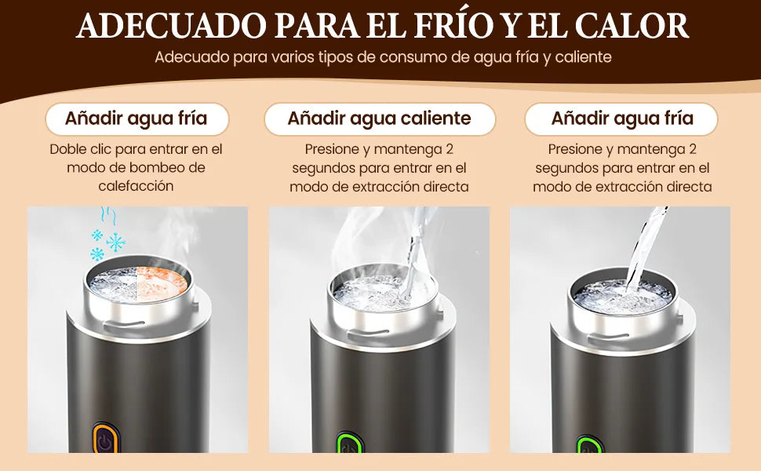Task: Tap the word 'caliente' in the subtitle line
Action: pos(581,57)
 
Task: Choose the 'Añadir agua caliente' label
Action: pos(380,119)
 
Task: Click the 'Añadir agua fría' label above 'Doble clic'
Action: pos(136,119)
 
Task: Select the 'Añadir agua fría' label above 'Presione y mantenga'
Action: pos(622,119)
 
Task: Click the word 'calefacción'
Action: pos(136,186)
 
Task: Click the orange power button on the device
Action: pos(104,440)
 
